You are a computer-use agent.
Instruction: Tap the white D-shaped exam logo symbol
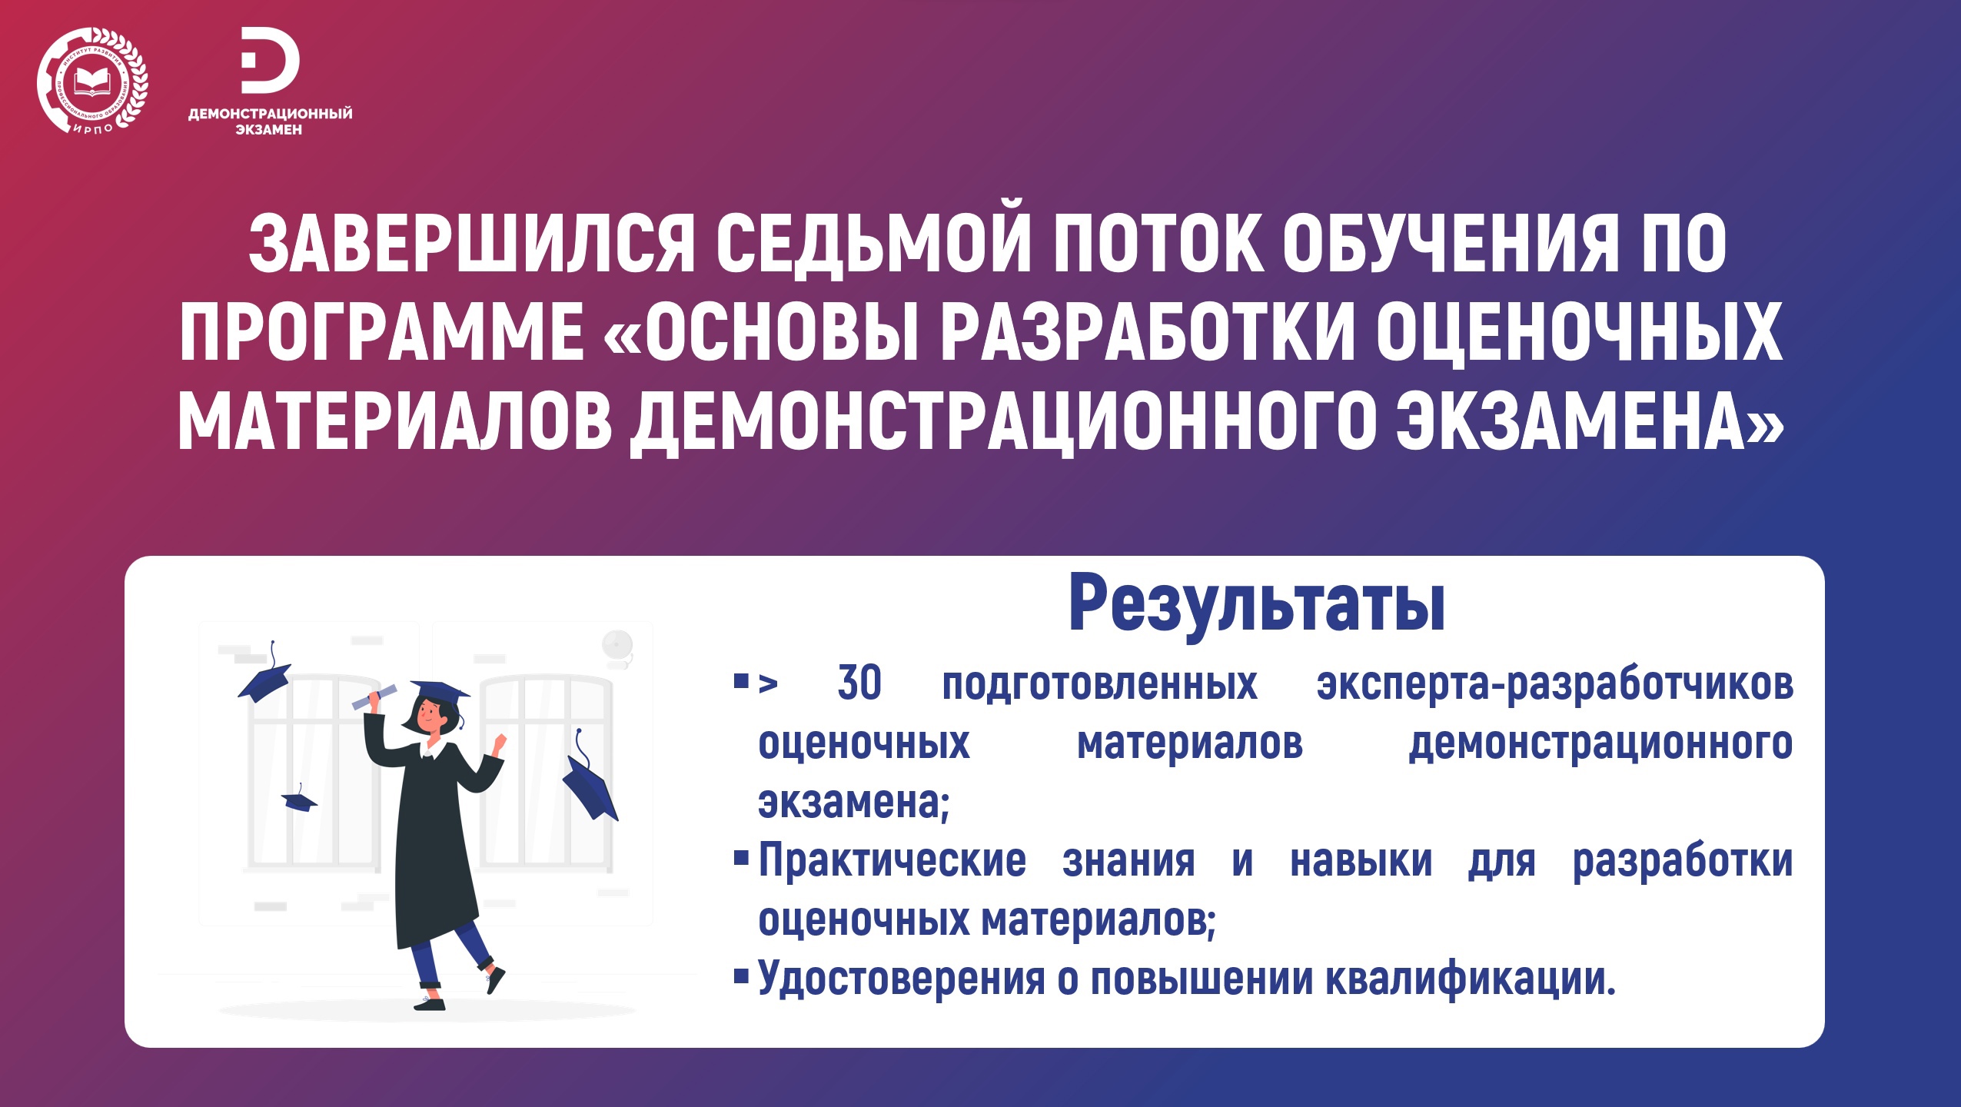[x=270, y=61]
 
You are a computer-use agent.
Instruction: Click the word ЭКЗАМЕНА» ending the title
[x=1590, y=421]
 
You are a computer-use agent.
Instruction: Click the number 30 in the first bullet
[x=859, y=683]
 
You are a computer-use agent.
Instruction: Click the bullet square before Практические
[x=741, y=858]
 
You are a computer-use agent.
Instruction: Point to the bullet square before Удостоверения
[x=741, y=976]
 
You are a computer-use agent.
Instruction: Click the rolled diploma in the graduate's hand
[x=374, y=696]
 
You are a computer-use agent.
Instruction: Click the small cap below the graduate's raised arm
[x=299, y=799]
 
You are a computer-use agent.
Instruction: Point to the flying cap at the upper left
[x=264, y=675]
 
